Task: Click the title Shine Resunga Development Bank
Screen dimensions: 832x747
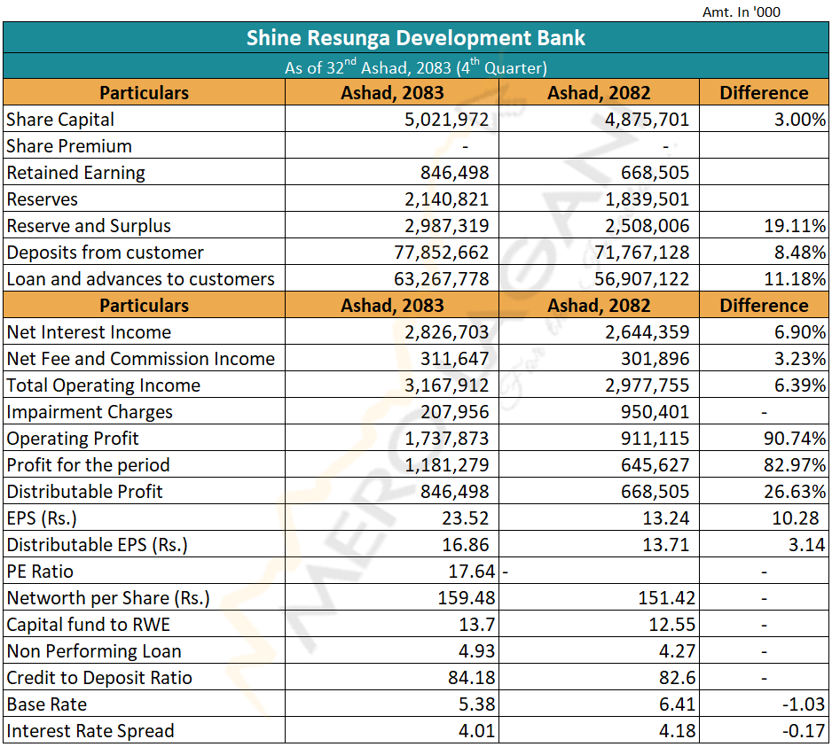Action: coord(415,38)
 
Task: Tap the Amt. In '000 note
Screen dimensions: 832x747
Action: coord(742,12)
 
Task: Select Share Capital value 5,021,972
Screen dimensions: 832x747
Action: coord(446,120)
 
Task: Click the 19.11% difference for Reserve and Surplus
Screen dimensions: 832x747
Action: coord(795,226)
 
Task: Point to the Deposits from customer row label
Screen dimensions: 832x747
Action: coord(105,253)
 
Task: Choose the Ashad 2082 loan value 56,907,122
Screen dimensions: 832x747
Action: coord(641,279)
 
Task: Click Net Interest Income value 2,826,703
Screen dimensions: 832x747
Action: coord(446,332)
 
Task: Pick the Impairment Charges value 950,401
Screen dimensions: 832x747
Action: coord(655,412)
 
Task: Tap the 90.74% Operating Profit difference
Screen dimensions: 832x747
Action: coord(795,439)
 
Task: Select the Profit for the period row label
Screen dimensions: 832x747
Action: coord(88,465)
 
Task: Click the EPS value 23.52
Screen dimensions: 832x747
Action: coord(466,518)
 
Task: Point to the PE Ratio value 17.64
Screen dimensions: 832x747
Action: coord(471,572)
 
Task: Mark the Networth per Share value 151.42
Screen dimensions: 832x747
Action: coord(666,598)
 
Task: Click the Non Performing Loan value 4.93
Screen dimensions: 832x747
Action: coord(477,651)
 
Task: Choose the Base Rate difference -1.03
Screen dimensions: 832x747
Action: coord(804,704)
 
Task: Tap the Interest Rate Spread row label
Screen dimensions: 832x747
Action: coord(90,731)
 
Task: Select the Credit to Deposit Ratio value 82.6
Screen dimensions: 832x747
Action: coord(677,678)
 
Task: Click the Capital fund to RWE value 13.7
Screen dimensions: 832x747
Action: coord(477,625)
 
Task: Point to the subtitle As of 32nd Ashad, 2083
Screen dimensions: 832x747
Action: coord(415,66)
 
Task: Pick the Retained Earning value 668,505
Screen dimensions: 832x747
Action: coord(655,173)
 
